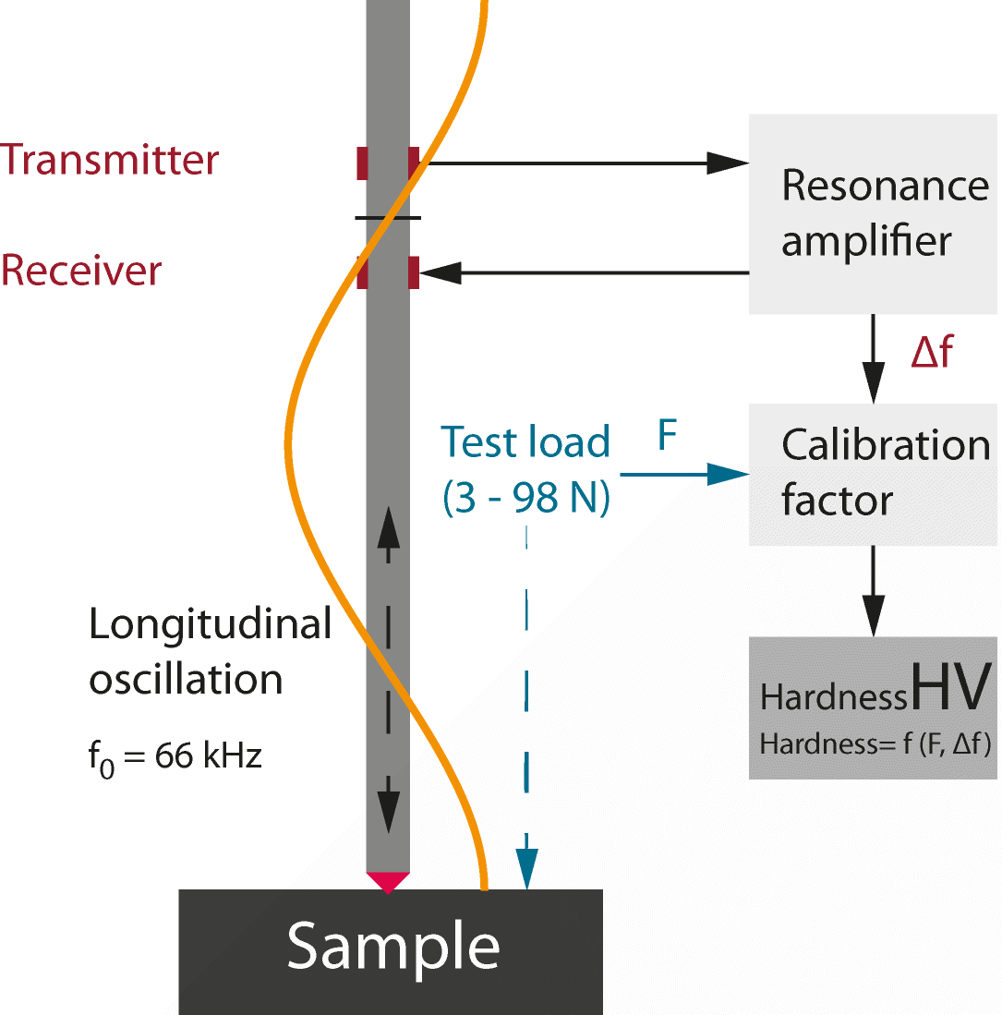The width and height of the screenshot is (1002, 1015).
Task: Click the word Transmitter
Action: point(109,160)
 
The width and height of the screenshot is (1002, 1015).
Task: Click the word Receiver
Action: point(81,271)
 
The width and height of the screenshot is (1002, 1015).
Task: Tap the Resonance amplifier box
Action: point(873,214)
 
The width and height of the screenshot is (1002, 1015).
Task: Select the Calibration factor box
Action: point(873,474)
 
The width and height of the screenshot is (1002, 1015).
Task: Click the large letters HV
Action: point(951,688)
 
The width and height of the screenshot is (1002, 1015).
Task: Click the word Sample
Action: point(392,946)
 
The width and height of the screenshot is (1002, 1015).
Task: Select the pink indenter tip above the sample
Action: point(388,881)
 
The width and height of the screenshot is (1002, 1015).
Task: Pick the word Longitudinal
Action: point(211,624)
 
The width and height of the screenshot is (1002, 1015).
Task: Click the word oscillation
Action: point(186,680)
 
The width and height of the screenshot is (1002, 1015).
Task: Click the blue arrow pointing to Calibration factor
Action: point(683,475)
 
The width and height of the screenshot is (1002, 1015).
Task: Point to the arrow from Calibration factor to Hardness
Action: point(873,591)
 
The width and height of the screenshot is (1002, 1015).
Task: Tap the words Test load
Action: point(525,442)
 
